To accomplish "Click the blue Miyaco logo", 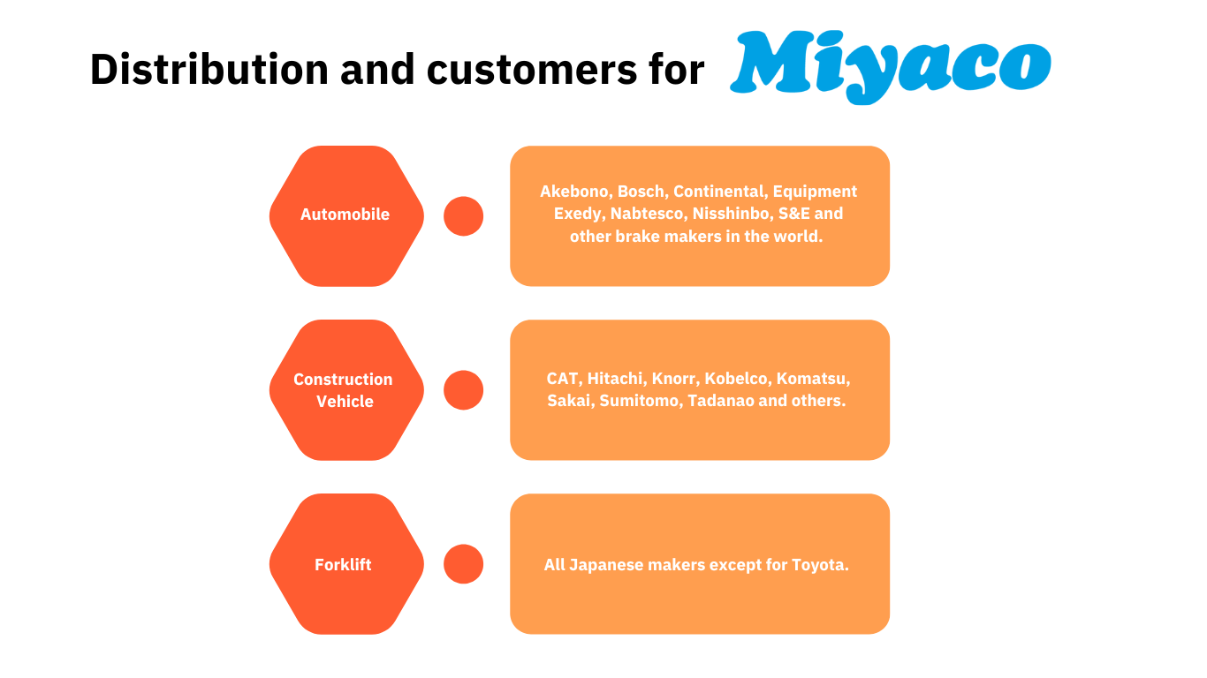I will point(890,65).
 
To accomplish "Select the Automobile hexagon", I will point(345,215).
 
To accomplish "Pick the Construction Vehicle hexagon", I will point(345,389).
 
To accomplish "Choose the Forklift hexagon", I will point(345,564).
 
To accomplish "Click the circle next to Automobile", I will point(463,215).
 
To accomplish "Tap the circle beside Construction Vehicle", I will point(463,390).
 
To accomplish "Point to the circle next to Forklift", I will point(463,564).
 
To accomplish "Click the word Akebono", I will point(574,192).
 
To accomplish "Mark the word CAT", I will point(563,379).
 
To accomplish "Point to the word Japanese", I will point(610,565).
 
